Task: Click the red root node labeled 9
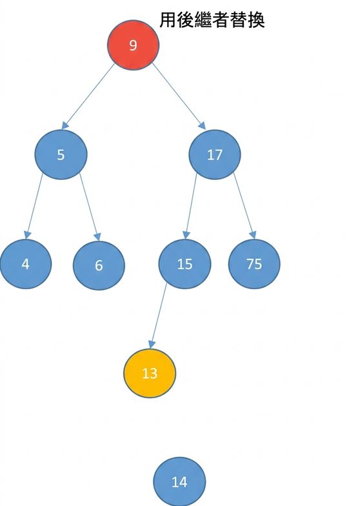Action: [133, 45]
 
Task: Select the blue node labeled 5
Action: [61, 155]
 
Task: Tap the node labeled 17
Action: [214, 155]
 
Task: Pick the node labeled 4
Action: [26, 264]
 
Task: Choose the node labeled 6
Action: [99, 265]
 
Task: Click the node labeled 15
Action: [185, 264]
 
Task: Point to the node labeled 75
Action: [254, 264]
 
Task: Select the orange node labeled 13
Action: [150, 373]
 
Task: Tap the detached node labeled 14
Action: [179, 481]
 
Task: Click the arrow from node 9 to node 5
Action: [88, 96]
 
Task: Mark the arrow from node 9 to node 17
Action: [179, 96]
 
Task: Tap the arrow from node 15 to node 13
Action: [158, 316]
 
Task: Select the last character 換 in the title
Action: [257, 20]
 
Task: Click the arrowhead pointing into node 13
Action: [152, 345]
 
